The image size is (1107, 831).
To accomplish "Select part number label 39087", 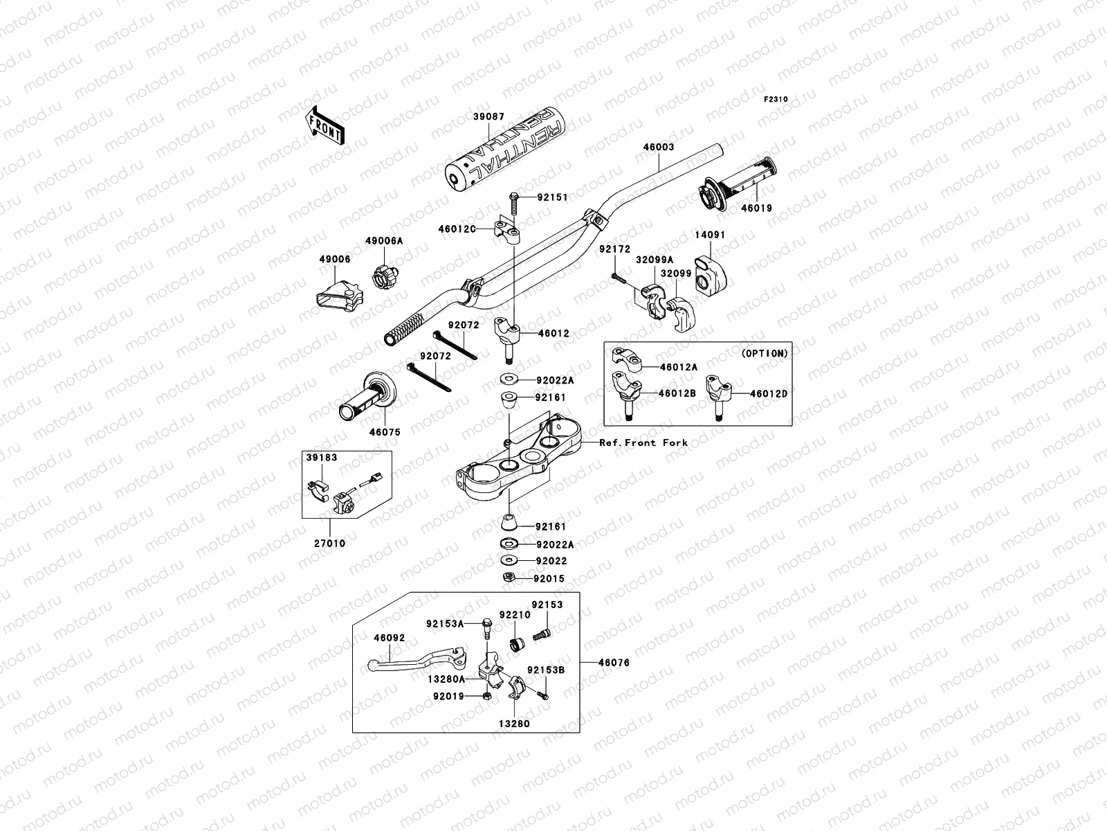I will [489, 117].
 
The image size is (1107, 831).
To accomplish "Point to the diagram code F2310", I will [776, 100].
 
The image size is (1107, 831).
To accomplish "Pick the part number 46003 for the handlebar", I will [658, 148].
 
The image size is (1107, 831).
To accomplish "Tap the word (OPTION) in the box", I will [764, 353].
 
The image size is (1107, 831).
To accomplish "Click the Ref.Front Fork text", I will [643, 443].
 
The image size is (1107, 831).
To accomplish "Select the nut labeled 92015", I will [507, 578].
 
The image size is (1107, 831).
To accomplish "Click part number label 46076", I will [615, 663].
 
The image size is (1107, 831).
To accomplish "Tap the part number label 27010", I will [331, 544].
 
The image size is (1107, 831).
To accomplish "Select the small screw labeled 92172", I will [616, 280].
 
